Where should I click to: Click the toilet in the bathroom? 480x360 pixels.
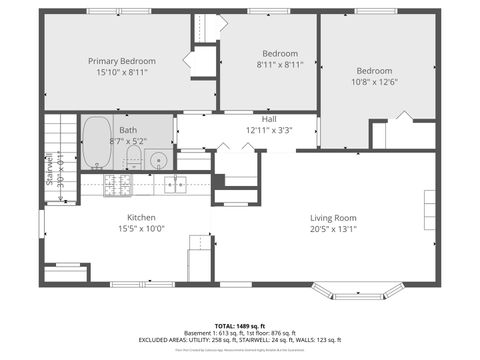pyautogui.click(x=132, y=158)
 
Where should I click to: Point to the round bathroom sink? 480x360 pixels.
pyautogui.click(x=158, y=159)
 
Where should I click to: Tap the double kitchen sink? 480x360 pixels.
pyautogui.click(x=176, y=184)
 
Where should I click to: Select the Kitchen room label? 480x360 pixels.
pyautogui.click(x=140, y=218)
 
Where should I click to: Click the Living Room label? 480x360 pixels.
pyautogui.click(x=333, y=218)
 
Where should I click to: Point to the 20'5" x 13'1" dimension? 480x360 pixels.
pyautogui.click(x=333, y=230)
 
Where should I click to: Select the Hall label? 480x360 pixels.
pyautogui.click(x=270, y=118)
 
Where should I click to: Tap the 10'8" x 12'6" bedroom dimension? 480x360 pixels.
pyautogui.click(x=375, y=84)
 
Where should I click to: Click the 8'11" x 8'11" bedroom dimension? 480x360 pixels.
pyautogui.click(x=280, y=65)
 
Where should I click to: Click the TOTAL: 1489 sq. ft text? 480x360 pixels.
pyautogui.click(x=239, y=326)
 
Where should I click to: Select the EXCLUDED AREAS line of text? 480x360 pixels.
pyautogui.click(x=239, y=340)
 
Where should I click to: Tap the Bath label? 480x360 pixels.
pyautogui.click(x=129, y=130)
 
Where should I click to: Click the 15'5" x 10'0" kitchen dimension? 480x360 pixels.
pyautogui.click(x=140, y=230)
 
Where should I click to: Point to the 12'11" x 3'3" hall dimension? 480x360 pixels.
pyautogui.click(x=270, y=130)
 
